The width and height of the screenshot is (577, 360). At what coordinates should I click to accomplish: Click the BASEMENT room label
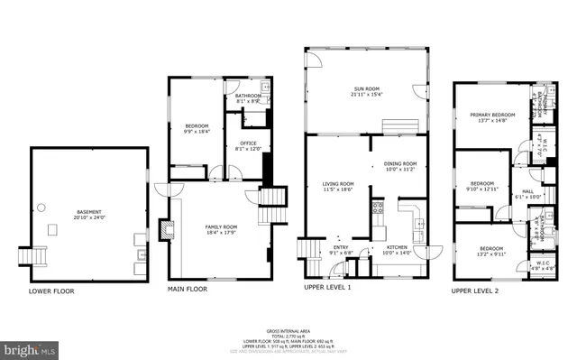click(x=88, y=214)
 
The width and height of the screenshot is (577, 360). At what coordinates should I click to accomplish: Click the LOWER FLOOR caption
click(x=51, y=291)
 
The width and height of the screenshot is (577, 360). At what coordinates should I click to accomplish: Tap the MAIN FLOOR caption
click(x=188, y=290)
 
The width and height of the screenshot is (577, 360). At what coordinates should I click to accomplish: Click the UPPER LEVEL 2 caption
click(x=474, y=291)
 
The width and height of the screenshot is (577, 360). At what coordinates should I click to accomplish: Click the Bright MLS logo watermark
click(x=29, y=347)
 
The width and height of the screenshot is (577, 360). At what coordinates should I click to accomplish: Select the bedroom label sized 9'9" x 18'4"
click(x=197, y=128)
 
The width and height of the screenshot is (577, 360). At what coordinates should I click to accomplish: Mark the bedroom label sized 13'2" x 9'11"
click(x=491, y=251)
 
